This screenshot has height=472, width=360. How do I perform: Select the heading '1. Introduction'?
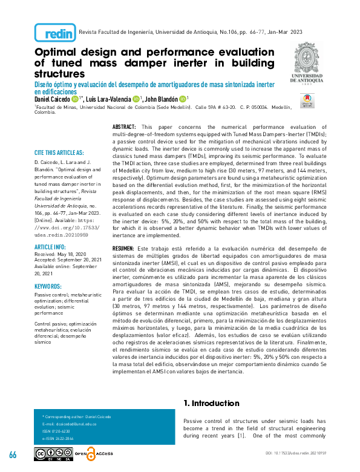pos(211,403)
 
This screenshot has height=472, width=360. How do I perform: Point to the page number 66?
pos(13,454)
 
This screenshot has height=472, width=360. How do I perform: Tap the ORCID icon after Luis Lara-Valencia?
pos(136,99)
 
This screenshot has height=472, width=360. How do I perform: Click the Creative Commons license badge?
pos(53,454)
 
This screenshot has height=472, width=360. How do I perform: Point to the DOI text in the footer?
pos(309,453)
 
